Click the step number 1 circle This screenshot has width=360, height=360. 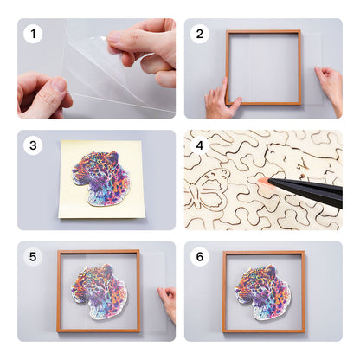[34, 35]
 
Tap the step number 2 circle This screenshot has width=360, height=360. [200, 35]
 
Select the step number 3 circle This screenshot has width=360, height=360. [34, 145]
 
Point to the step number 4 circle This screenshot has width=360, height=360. [200, 145]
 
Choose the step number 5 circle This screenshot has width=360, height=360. [34, 257]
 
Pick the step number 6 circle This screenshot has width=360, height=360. [200, 257]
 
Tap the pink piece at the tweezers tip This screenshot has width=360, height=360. [261, 181]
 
